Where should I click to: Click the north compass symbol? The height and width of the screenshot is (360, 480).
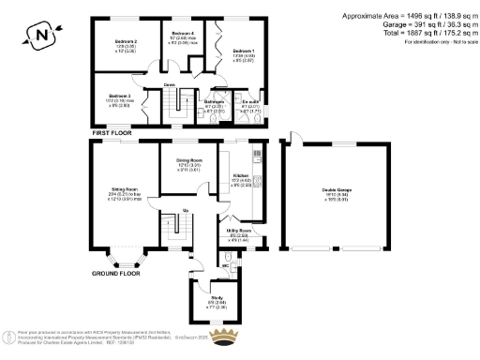pos(38,36)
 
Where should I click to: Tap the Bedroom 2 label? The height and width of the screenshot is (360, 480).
pos(126,42)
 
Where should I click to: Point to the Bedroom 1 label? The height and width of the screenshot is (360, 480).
pos(243,51)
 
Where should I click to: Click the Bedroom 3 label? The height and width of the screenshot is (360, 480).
pos(118,97)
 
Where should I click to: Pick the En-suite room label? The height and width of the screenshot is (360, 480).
pos(250,101)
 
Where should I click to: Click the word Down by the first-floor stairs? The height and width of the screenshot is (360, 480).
pos(170,84)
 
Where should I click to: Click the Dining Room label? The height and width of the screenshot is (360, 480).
pos(189,160)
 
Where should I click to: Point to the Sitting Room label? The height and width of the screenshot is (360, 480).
pos(125,189)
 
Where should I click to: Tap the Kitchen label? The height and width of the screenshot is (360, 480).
pos(239,175)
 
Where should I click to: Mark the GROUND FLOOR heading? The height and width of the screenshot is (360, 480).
pos(116,274)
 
